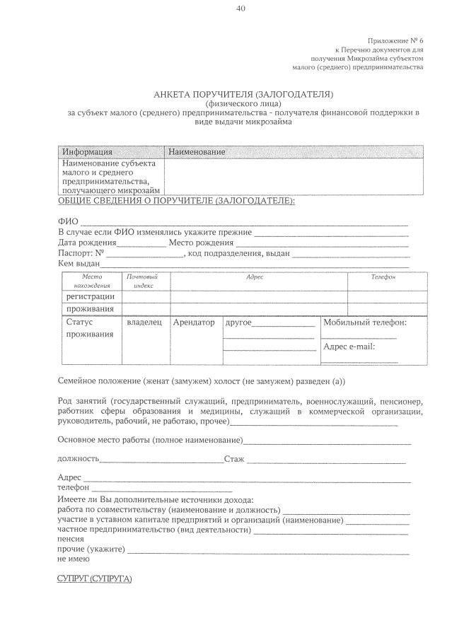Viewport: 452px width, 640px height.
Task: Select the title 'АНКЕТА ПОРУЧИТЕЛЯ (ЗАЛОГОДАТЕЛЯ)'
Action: (x=243, y=94)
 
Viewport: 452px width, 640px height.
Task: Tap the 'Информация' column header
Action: (x=87, y=152)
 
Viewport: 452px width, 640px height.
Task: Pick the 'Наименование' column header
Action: (x=196, y=152)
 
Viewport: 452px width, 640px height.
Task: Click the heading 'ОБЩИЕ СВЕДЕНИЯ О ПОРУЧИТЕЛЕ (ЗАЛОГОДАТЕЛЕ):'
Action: (x=175, y=202)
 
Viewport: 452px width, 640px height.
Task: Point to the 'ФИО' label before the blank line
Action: (x=68, y=221)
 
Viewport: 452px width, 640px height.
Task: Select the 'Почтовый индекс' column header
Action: (x=144, y=281)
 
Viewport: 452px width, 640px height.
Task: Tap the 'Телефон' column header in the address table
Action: (x=383, y=277)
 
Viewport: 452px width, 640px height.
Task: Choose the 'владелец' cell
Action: (x=144, y=322)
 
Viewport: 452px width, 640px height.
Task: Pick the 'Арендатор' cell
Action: (x=193, y=322)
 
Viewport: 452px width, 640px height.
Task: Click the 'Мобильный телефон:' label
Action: (x=364, y=322)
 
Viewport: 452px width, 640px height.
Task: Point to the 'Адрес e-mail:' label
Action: (x=348, y=347)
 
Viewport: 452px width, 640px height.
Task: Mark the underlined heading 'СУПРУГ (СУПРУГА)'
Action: (x=94, y=579)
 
